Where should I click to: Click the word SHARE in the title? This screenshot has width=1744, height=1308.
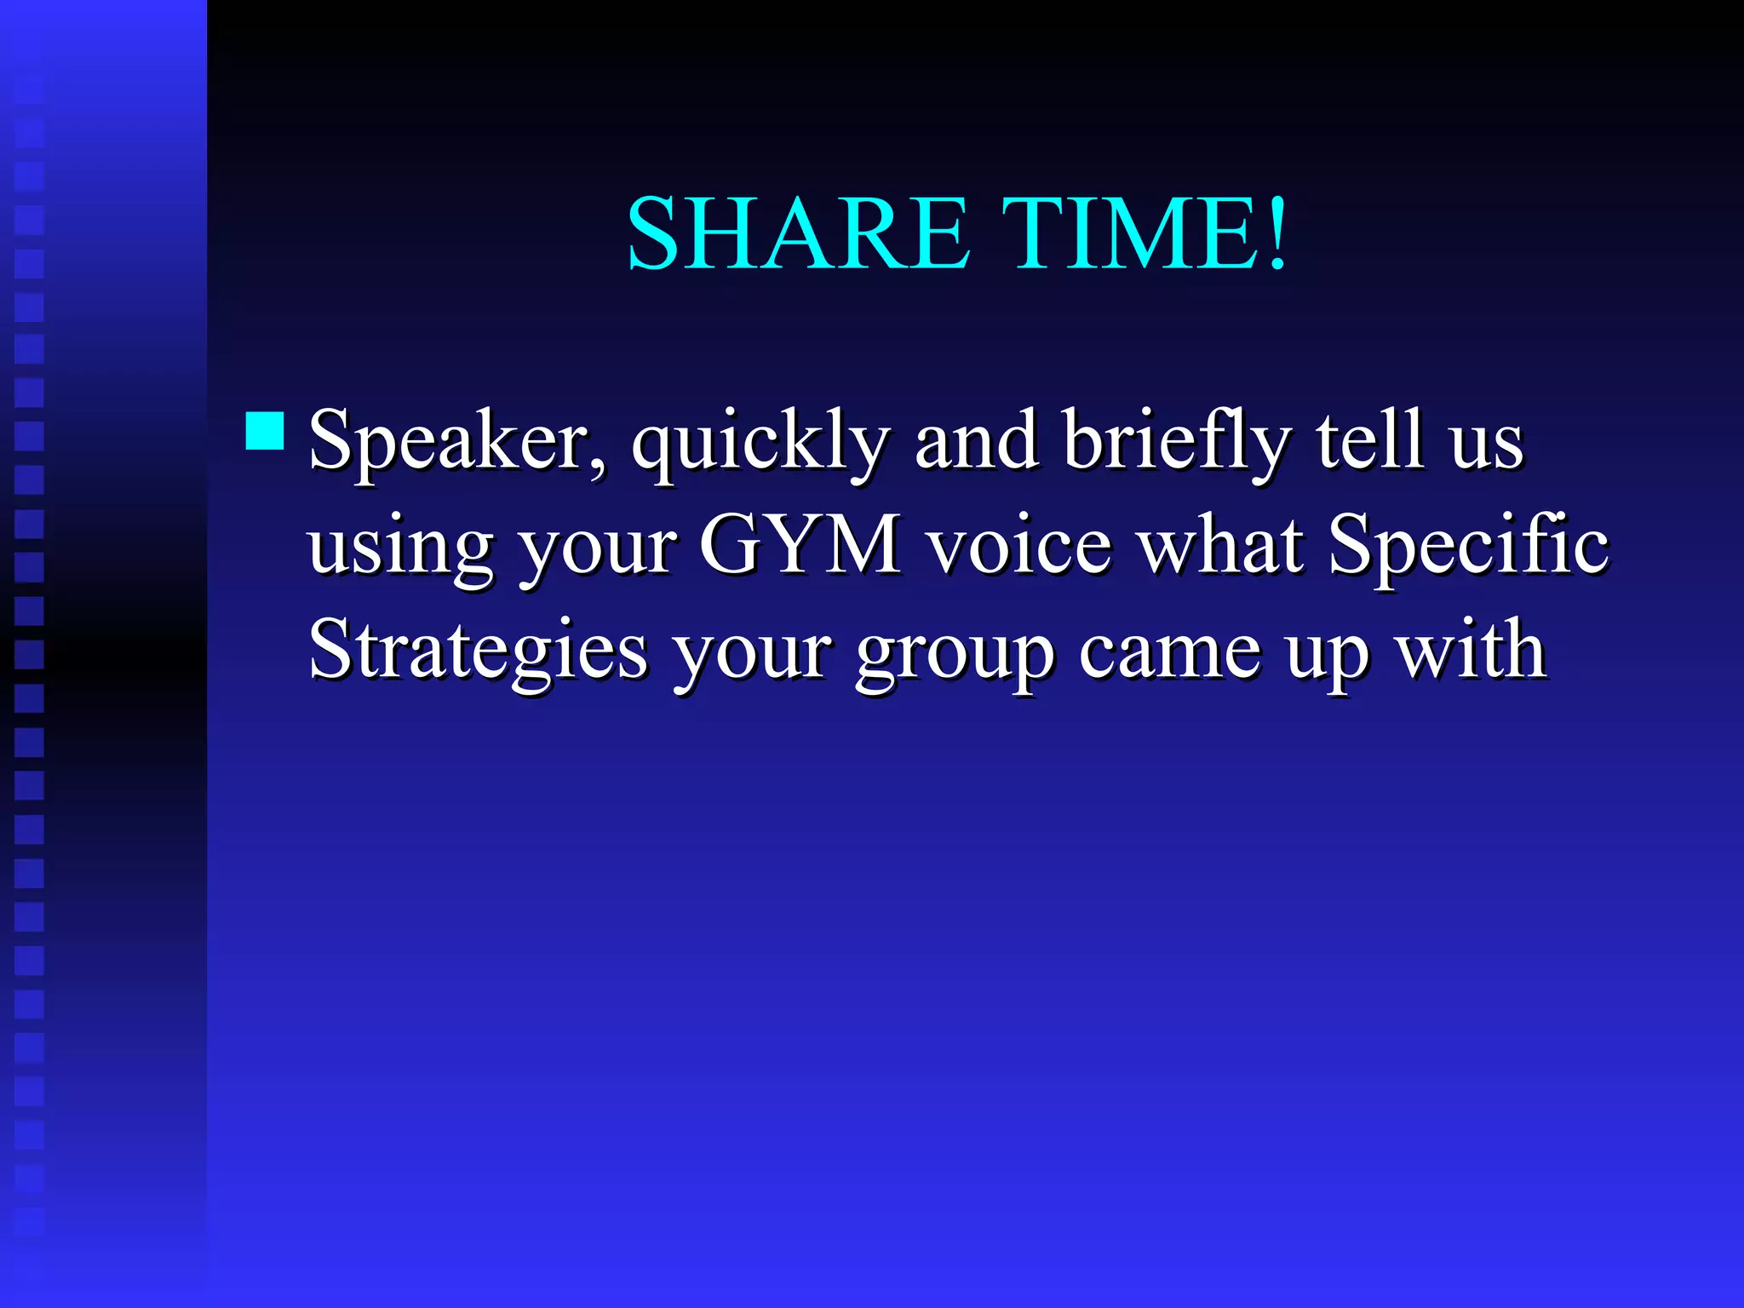[798, 233]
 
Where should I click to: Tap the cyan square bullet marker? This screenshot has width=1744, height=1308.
[265, 431]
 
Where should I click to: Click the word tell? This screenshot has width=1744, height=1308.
[1370, 439]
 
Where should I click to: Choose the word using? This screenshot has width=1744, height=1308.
[401, 549]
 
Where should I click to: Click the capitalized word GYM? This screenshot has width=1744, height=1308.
[800, 544]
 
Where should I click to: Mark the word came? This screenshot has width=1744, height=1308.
[1170, 654]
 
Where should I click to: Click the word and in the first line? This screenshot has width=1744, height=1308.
[976, 441]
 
